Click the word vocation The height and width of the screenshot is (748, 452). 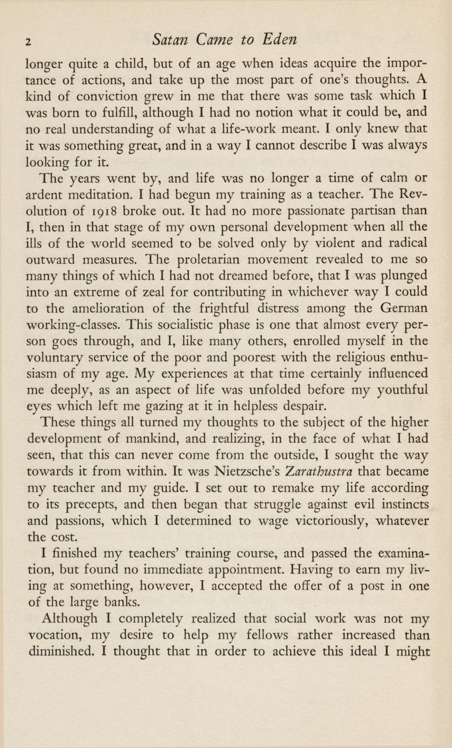tap(55, 634)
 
